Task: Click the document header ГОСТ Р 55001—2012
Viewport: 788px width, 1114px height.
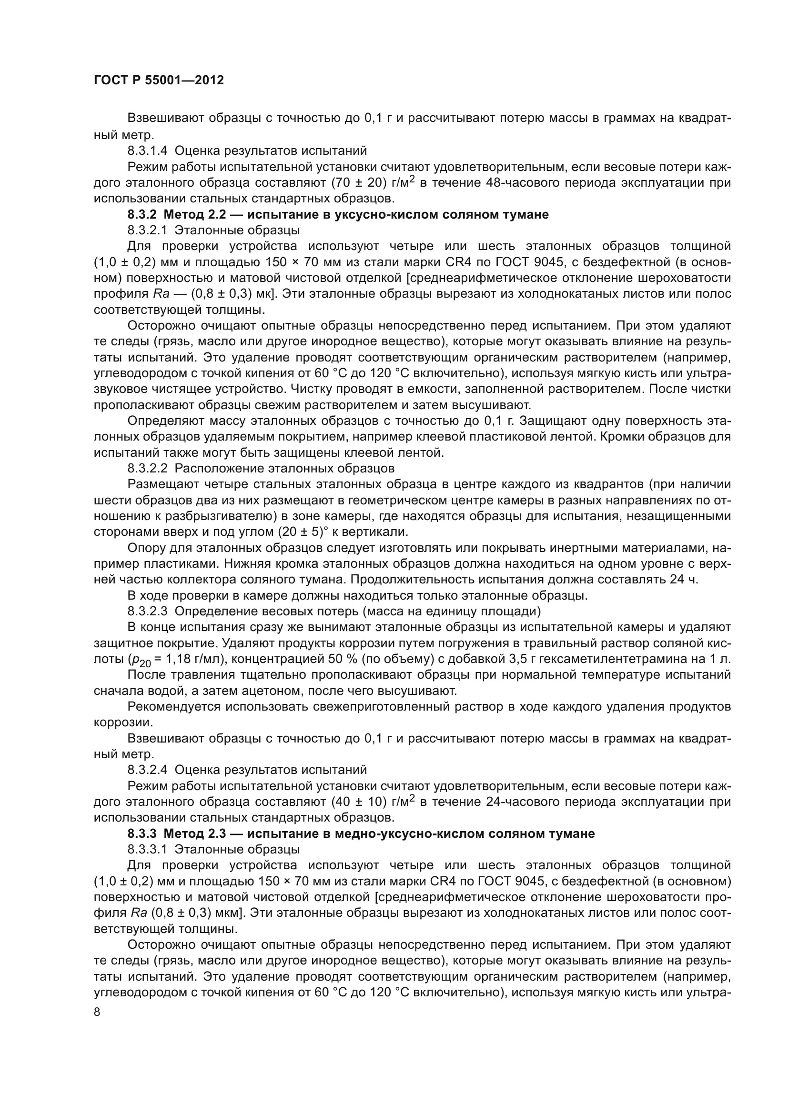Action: (159, 80)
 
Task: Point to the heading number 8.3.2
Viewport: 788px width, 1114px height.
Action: (141, 214)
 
